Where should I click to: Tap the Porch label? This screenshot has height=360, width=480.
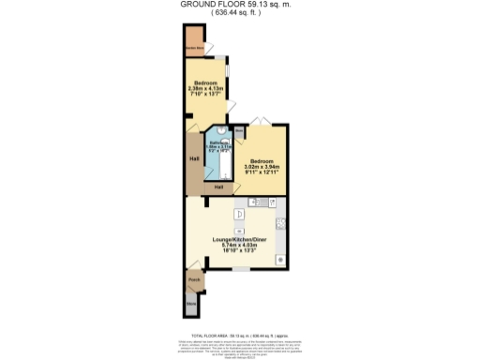click(194, 279)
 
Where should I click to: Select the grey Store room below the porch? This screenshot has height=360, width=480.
click(192, 303)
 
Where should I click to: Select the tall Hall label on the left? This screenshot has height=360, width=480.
click(193, 158)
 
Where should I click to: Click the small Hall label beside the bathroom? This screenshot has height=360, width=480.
click(218, 187)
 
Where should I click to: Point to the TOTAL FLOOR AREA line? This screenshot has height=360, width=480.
click(235, 334)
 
